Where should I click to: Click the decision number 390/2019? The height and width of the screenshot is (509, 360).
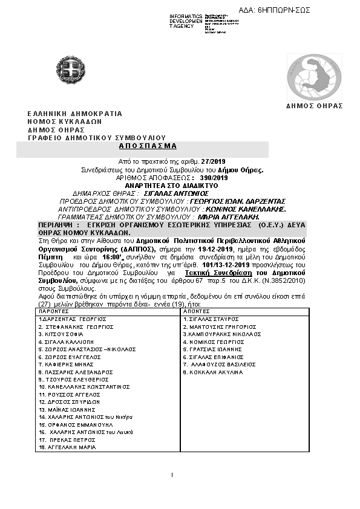point(214,177)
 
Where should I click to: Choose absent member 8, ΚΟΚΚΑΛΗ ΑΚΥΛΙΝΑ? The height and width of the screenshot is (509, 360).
point(215,372)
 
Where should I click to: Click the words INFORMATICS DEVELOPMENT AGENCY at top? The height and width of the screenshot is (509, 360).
point(185,21)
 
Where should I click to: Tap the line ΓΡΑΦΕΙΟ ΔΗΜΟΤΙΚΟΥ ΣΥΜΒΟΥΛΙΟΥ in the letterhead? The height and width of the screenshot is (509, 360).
point(96,138)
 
